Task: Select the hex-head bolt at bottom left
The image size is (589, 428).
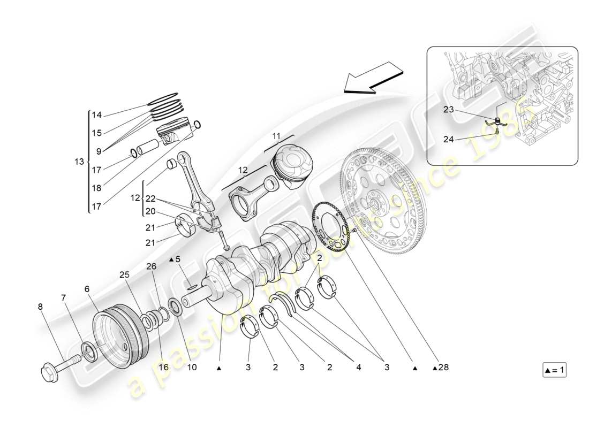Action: point(59,365)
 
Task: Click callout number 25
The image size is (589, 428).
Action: point(124,274)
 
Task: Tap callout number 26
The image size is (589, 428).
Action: point(152,266)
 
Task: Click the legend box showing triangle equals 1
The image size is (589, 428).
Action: point(554,370)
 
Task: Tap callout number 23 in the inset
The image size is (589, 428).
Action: point(448,110)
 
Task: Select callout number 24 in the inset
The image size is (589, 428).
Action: point(448,140)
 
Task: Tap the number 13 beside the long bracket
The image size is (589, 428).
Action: point(79,162)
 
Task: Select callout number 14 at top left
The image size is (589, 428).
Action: point(96,115)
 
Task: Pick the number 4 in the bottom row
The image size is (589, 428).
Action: point(357,368)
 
